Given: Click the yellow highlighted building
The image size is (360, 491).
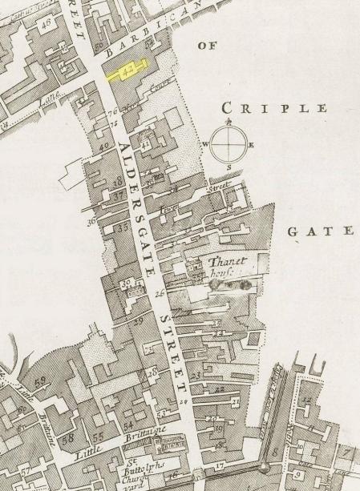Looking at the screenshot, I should pos(129,70).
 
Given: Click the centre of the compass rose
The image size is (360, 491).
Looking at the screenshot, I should pos(229,144).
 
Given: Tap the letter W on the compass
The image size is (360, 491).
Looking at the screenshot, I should pos(206,145).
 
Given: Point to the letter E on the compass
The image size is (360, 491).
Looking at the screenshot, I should pos(252,145).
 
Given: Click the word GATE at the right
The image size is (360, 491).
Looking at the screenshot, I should pos(320,231).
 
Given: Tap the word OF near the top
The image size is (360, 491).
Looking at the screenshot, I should pos(207,46).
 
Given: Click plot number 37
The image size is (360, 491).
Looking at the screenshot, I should pos(117,195).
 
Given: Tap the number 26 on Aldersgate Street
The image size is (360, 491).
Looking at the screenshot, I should pos(160,294).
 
